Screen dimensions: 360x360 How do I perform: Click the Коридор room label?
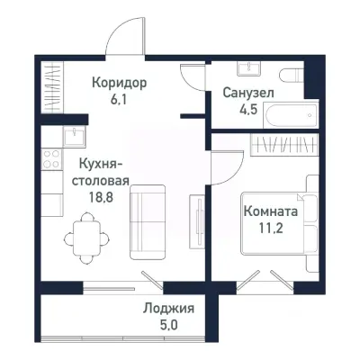point(119,82)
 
